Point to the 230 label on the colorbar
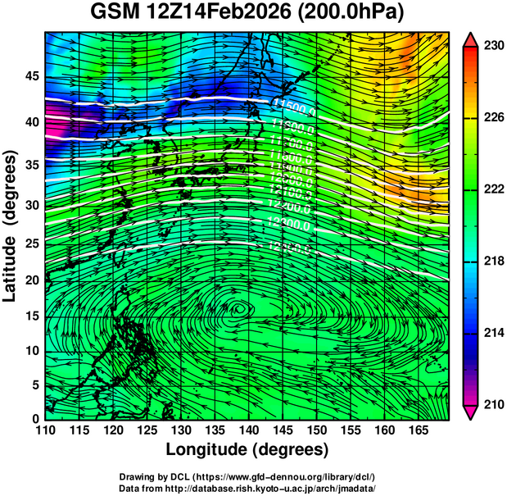[493, 47]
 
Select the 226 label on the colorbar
[493, 118]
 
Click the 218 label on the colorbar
[493, 262]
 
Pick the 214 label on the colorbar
[493, 333]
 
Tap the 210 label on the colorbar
[493, 404]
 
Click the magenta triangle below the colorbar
[470, 412]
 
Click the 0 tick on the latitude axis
[35, 419]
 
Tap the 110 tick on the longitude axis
[45, 430]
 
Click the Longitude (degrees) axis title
[247, 449]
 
